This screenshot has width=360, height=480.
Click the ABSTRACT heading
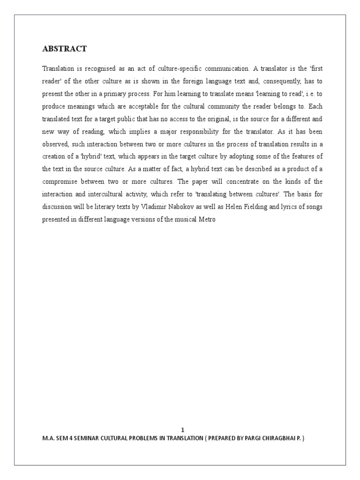[64, 49]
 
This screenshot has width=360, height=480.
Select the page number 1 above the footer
[183, 430]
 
